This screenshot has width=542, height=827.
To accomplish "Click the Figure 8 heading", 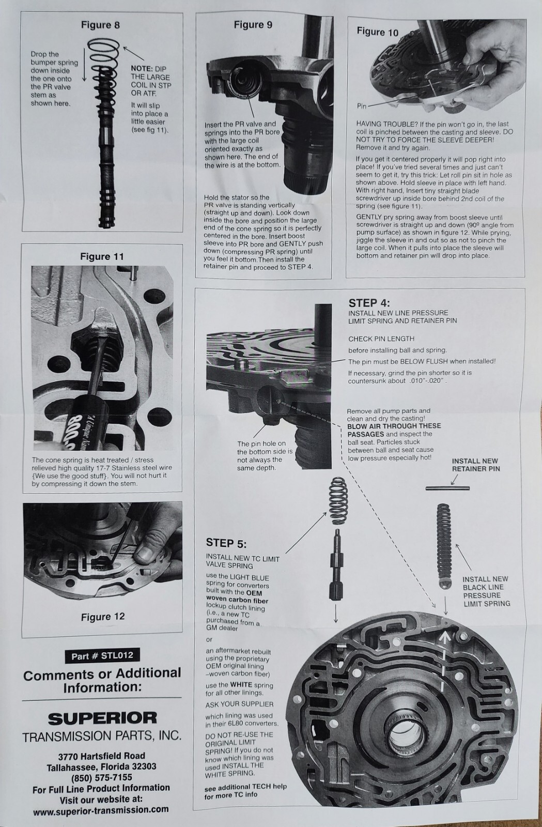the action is coord(100,25).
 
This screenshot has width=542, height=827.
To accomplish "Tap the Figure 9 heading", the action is coord(253,25).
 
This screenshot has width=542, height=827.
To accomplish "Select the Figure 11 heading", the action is coord(102,256).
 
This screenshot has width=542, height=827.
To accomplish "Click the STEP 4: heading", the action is coord(369,303).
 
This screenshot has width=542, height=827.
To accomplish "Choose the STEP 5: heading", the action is coord(226,543).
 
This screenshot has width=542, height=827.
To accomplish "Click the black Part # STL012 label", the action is coord(102,655).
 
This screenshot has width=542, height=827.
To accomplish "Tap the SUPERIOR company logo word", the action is coord(102,718).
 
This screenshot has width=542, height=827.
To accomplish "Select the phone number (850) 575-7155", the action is coord(101,777).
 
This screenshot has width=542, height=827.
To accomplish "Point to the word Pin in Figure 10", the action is coord(362,106).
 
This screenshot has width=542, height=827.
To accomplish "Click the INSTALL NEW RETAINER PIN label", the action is coord(476,465).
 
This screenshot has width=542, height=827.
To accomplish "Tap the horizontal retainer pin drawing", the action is coord(447,488).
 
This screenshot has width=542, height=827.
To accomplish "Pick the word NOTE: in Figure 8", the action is coord(142,69).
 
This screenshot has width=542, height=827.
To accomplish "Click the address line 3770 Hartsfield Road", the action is coord(101,756).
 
